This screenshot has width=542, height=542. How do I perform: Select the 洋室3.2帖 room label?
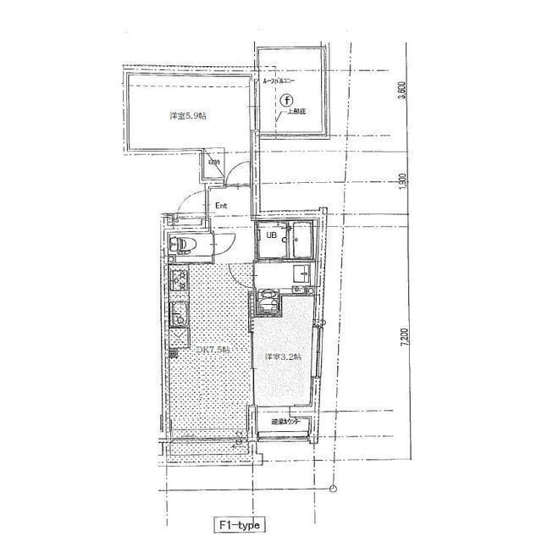click(x=280, y=357)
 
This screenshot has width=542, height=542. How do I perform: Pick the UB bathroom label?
click(x=271, y=236)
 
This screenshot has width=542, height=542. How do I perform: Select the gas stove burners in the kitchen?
click(x=179, y=279)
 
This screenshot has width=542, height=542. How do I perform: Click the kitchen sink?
click(x=180, y=313)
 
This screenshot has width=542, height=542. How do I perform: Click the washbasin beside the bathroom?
click(x=302, y=273)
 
